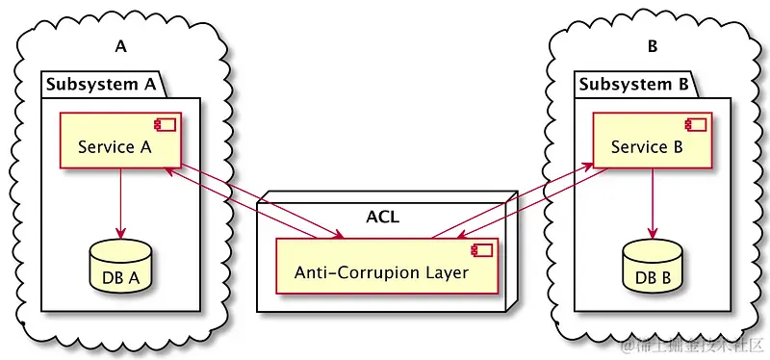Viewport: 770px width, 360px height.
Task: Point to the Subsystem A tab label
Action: click(x=101, y=84)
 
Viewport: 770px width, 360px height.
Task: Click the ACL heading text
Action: click(x=382, y=216)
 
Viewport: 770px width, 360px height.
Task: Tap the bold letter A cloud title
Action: click(x=120, y=47)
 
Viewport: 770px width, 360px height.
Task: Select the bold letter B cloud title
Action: click(x=654, y=47)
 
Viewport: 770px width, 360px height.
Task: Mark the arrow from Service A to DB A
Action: click(x=120, y=202)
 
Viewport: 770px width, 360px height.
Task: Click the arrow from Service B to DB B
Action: click(x=653, y=202)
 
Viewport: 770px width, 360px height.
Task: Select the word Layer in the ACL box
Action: click(x=447, y=273)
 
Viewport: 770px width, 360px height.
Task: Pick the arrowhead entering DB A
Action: click(x=120, y=232)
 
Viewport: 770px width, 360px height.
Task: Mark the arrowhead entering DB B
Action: click(x=653, y=232)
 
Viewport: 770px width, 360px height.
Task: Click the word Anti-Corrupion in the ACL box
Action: click(x=357, y=272)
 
